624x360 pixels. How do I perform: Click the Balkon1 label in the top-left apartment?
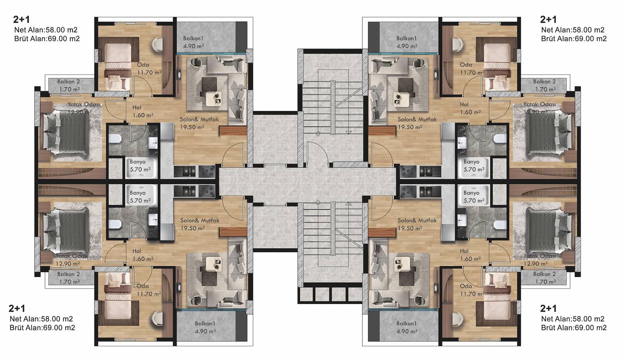click(x=193, y=38)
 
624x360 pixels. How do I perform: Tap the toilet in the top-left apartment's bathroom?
click(x=115, y=139)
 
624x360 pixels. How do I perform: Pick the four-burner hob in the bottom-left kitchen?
click(x=207, y=191)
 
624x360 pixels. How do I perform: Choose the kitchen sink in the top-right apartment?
click(x=430, y=172)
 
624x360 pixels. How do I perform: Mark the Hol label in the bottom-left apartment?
click(x=137, y=251)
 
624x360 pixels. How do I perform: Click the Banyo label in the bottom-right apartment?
click(x=471, y=193)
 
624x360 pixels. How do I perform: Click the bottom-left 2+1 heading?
click(x=17, y=309)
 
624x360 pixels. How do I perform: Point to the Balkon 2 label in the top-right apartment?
click(x=544, y=82)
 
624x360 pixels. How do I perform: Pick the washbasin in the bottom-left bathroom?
click(x=153, y=219)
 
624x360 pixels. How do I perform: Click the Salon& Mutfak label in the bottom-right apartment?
click(x=417, y=221)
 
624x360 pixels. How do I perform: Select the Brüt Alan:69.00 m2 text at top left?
click(x=47, y=39)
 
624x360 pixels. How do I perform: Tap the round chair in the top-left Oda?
click(x=158, y=44)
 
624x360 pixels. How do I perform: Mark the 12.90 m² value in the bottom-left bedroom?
click(x=68, y=263)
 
